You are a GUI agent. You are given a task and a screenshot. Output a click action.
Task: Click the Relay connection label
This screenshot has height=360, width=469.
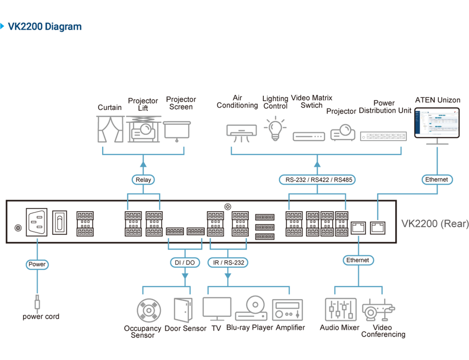pos(143,180)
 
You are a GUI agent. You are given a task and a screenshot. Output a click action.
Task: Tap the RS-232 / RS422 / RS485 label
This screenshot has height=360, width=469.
pos(317,180)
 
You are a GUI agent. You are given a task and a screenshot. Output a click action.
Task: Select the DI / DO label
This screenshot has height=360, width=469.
pos(185,262)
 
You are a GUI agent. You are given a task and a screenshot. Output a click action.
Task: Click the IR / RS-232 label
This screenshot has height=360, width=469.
pos(228,262)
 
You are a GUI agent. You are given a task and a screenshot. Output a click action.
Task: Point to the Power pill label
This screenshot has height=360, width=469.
pos(37,264)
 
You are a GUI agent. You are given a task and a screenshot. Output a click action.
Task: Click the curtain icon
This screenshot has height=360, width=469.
pos(110,129)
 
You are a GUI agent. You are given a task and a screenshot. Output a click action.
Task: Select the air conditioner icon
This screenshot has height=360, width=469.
pos(242,133)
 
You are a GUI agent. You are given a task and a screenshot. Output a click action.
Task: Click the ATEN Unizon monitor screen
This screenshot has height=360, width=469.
pos(437,123)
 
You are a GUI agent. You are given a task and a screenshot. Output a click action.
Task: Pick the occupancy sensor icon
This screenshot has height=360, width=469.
pos(149,311)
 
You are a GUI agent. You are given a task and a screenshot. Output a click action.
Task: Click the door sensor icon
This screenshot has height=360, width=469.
pos(183,310)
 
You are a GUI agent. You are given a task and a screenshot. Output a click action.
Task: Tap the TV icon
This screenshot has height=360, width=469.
pos(217,309)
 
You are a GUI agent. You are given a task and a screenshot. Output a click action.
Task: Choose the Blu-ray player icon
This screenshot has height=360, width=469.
pos(251,308)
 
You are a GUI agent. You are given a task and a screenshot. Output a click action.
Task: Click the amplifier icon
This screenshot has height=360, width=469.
pos(288,310)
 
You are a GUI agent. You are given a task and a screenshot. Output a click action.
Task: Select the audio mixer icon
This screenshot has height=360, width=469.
pos(341,310)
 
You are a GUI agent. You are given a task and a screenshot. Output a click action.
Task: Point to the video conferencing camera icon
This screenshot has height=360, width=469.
pos(378,310)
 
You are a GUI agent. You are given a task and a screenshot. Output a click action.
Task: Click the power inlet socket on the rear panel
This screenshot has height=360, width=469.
pos(37,222)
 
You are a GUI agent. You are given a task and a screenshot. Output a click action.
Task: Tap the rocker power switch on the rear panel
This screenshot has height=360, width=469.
pos(60,223)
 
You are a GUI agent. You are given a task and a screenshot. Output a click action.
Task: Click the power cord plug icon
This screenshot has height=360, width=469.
pos(37,302)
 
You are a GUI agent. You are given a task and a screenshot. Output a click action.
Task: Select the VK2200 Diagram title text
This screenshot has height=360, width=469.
pos(44,27)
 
